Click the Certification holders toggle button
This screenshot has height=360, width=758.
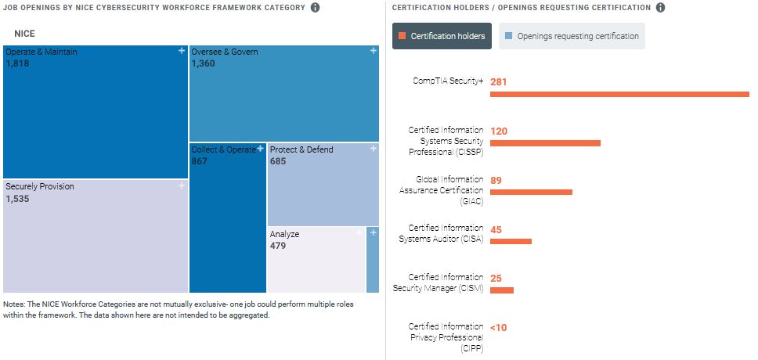tap(442, 36)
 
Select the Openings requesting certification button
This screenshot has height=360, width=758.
tap(572, 36)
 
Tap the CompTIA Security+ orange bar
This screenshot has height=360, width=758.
tap(619, 95)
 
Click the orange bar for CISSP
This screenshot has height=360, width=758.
tap(545, 143)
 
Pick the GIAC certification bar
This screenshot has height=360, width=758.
tap(531, 192)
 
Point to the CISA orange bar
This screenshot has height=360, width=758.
tap(511, 241)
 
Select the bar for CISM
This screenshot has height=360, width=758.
tap(502, 290)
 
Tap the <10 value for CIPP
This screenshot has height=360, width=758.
tap(498, 327)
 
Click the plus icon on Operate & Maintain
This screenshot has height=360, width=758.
tap(181, 51)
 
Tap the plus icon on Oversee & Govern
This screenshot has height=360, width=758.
tap(373, 51)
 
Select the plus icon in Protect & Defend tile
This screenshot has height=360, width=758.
tap(373, 149)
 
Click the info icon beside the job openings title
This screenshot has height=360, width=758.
tap(315, 8)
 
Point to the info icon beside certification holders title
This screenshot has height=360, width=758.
tap(660, 8)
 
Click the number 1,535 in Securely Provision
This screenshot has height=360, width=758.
tap(17, 200)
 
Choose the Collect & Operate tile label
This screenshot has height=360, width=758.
tap(224, 149)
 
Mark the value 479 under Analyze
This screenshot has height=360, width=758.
tap(278, 246)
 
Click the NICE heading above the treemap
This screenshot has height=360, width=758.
tap(25, 34)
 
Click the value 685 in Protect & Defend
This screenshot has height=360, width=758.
tap(278, 161)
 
